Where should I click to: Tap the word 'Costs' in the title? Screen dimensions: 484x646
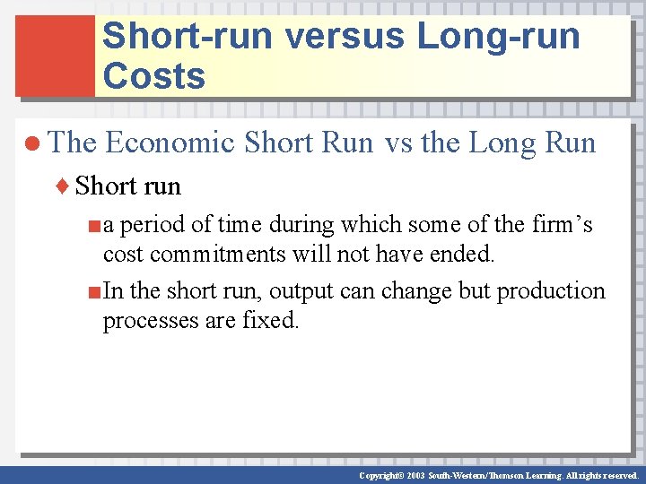[154, 76]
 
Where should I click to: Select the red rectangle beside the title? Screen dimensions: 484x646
[55, 56]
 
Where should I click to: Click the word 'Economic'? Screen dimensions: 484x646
[170, 143]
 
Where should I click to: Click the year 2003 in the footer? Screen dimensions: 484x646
[414, 475]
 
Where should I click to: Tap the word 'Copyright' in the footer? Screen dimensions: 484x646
[378, 475]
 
